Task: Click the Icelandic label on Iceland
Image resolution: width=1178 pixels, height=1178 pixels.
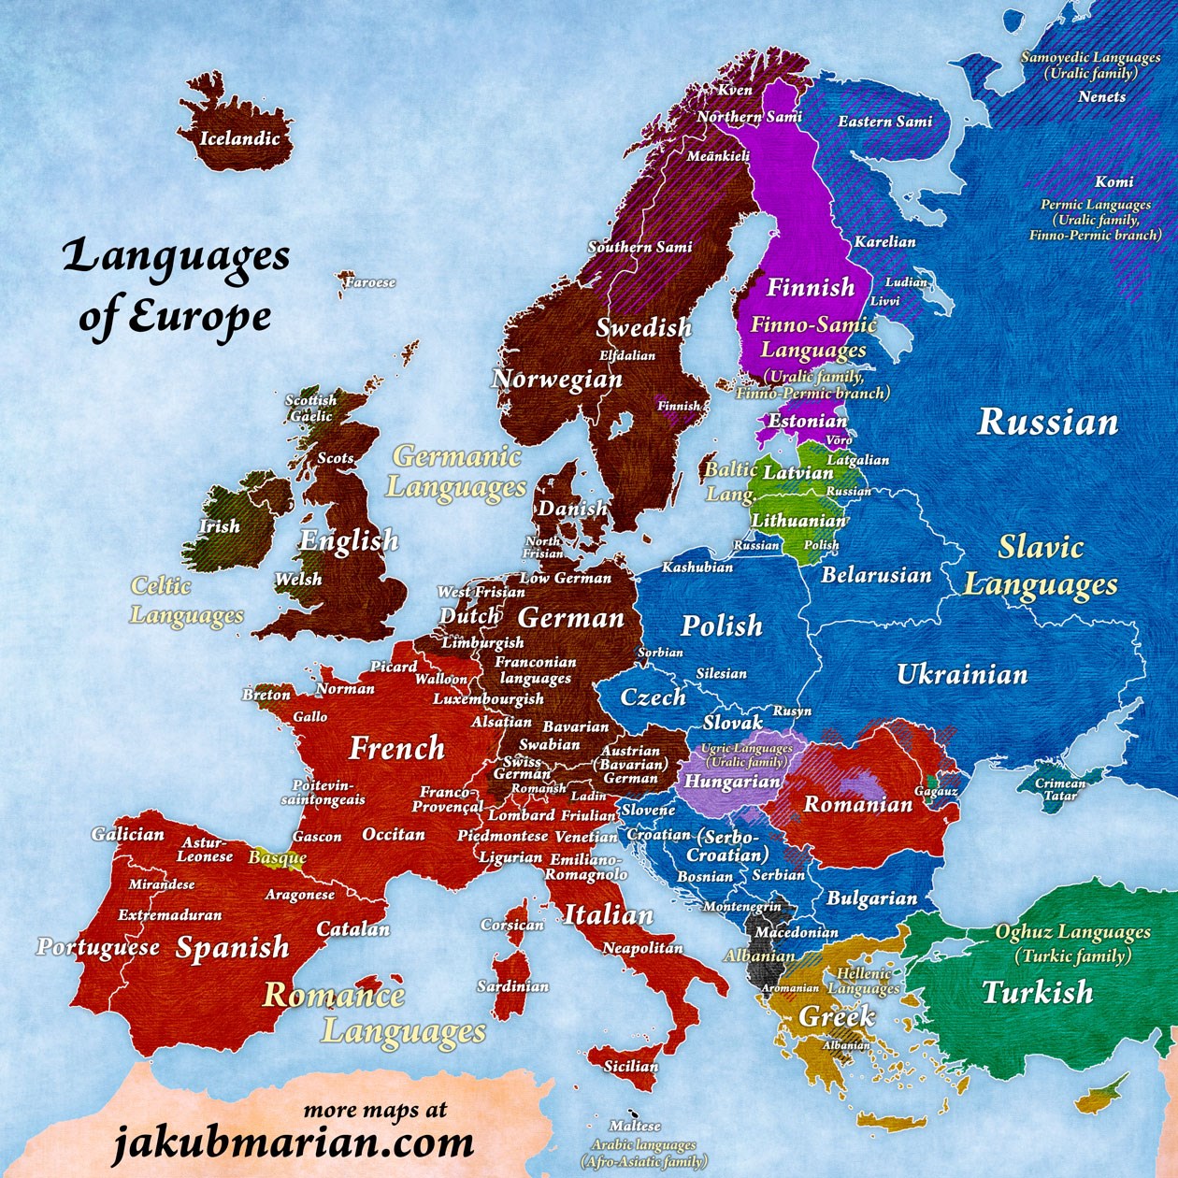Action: [239, 138]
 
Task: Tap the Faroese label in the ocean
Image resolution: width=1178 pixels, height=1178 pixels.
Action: [370, 281]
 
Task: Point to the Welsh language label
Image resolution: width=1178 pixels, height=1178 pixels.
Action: [298, 580]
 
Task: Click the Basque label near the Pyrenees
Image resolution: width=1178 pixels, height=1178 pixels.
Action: [278, 856]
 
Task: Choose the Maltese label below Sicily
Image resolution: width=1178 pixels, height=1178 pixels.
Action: [635, 1126]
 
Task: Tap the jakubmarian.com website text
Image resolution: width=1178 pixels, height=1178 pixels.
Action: [294, 1142]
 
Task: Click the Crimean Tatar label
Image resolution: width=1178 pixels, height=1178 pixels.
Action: [1060, 790]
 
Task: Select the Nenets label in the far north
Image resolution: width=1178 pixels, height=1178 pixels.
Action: [1101, 96]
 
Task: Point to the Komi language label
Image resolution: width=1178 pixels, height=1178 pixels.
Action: [1113, 182]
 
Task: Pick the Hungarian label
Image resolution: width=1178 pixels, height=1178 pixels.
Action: [732, 782]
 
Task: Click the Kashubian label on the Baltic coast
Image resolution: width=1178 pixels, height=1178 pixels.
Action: [697, 567]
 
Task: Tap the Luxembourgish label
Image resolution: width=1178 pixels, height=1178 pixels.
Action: [488, 698]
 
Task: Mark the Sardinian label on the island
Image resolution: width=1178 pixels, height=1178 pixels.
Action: [512, 986]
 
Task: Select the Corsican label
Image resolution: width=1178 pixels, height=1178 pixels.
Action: [512, 925]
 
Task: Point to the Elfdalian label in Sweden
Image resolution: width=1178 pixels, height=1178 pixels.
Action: [627, 355]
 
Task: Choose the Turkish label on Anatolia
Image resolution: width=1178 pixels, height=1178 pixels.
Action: [1037, 992]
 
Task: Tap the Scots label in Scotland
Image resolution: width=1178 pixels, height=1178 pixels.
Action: [336, 458]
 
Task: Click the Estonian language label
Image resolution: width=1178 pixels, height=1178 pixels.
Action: [807, 421]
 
